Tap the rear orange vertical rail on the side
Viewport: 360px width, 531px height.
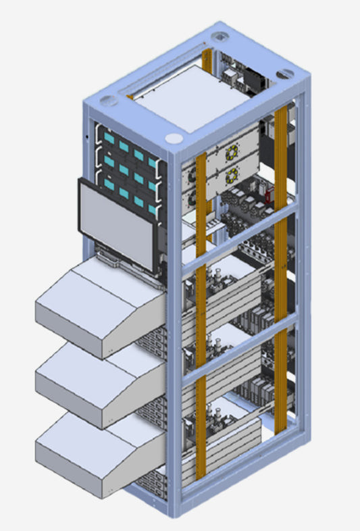280,270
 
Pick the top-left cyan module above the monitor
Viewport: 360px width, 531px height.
106,137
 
